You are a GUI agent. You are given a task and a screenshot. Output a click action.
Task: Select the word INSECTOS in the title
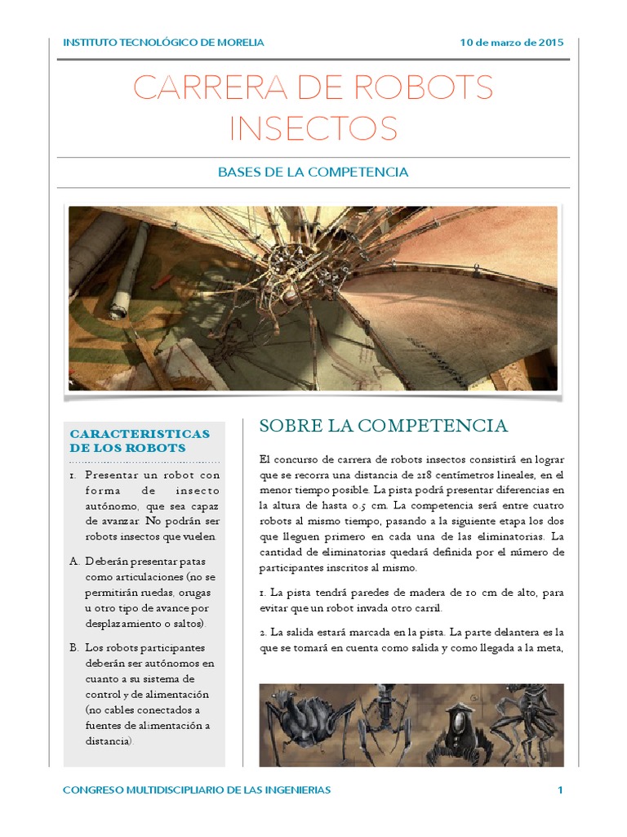[313, 128]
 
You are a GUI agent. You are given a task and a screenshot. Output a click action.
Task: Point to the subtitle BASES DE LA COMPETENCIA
[313, 172]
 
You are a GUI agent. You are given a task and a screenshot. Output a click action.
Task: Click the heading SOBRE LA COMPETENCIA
[383, 426]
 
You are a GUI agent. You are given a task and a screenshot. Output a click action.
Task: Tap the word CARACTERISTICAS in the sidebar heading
[140, 433]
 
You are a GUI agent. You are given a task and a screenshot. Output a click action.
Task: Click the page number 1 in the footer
[560, 790]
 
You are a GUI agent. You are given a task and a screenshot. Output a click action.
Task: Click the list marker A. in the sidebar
[74, 562]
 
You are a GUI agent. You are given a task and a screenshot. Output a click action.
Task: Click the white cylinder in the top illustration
[131, 271]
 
